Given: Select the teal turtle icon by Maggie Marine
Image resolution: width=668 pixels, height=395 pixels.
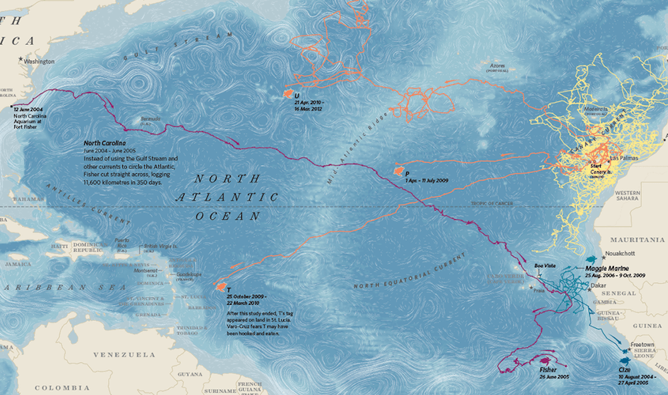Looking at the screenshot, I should tap(591, 258).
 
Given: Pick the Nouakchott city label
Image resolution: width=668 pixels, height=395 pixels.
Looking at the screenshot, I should tap(621, 254).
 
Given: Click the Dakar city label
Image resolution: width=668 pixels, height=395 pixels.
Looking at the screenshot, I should tap(599, 285).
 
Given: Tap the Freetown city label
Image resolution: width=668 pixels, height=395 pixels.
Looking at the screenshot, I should tap(642, 344).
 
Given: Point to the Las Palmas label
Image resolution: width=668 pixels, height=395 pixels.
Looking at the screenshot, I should tap(625, 158).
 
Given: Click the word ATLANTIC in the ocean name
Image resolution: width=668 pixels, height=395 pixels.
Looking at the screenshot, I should tap(227, 197).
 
